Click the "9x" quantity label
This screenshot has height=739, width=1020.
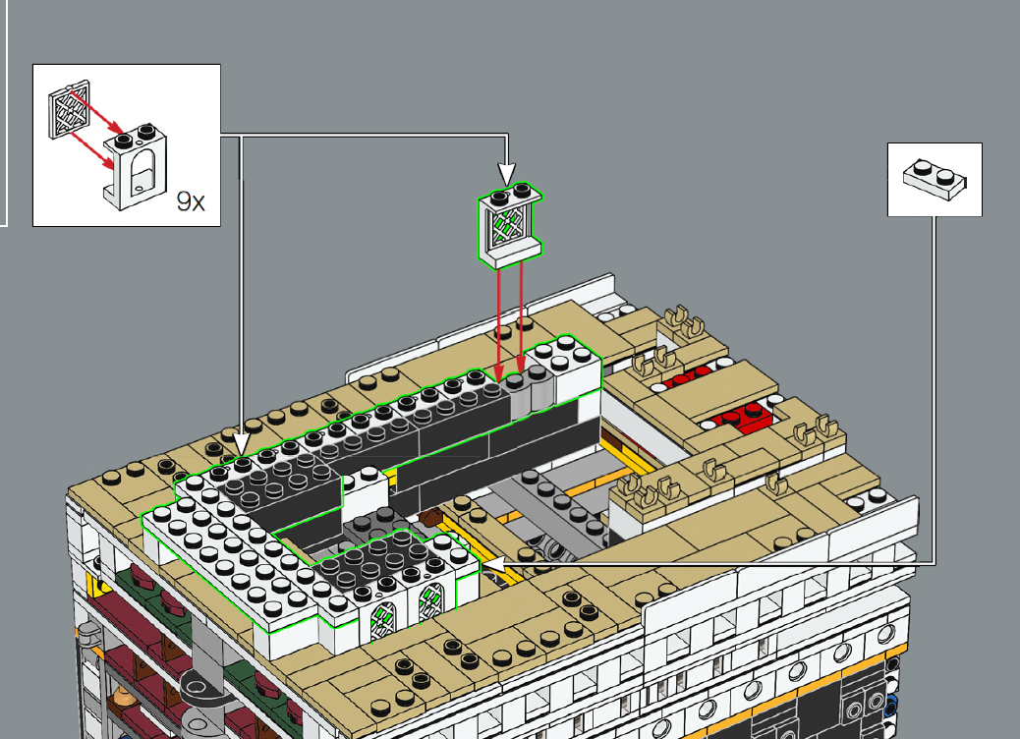point(191,201)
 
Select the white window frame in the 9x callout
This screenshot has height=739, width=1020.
point(136,166)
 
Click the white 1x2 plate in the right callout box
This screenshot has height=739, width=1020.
point(935,178)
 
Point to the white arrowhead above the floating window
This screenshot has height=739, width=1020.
point(507,174)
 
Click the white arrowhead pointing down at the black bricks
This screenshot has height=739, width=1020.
point(241,445)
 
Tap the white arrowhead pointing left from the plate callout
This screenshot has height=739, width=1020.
point(493,563)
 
